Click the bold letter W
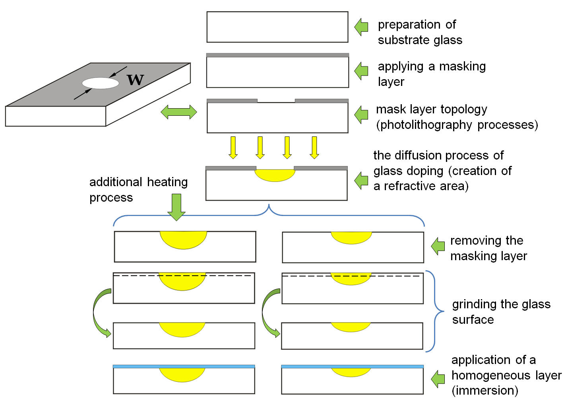tap(136, 80)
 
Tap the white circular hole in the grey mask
tap(101, 83)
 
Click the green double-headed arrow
tap(179, 112)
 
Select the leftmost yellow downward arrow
tap(233, 148)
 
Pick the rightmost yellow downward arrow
tap(314, 148)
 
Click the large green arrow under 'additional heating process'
tap(176, 207)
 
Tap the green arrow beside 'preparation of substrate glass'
tap(361, 27)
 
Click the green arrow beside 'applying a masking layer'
tap(361, 71)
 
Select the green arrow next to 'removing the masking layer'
tap(438, 246)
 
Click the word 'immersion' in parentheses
tap(485, 391)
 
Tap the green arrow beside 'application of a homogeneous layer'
tap(438, 379)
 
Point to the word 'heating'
tap(167, 183)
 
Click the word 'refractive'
tap(409, 186)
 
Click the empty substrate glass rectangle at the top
tap(277, 27)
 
